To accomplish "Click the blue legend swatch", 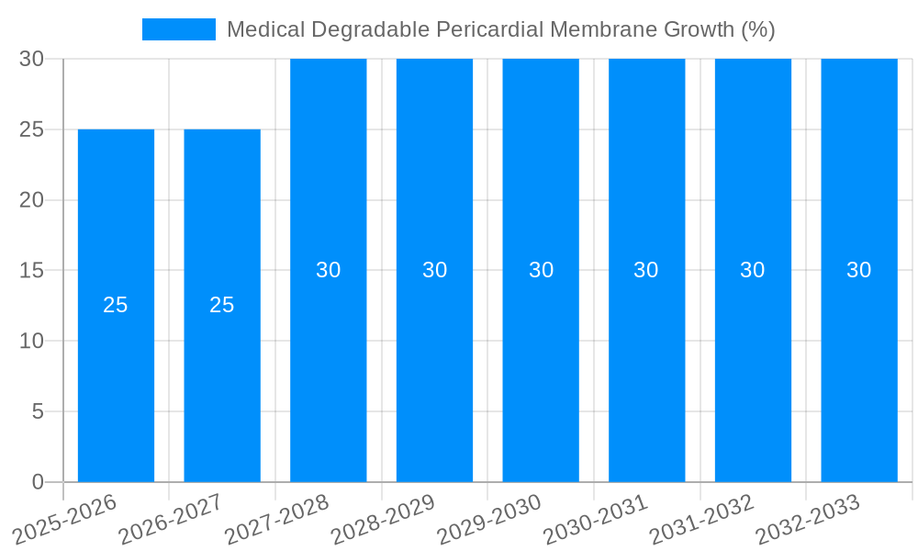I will [x=179, y=29].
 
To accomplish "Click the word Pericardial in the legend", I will [x=492, y=29].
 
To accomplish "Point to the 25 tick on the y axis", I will [x=32, y=129].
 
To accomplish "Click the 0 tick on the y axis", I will [x=38, y=482].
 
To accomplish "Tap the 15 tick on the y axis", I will [x=32, y=270].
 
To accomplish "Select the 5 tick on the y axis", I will [x=38, y=411].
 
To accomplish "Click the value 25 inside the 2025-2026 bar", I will [x=116, y=306].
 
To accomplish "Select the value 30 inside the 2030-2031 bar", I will [x=646, y=270].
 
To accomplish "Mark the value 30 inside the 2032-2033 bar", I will [x=859, y=270].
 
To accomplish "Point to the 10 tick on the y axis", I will [x=32, y=341].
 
